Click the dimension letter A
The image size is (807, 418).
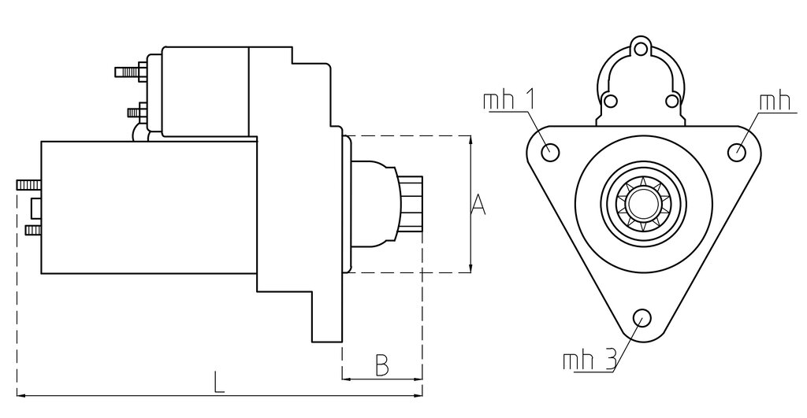[478, 205]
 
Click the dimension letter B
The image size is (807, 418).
[381, 365]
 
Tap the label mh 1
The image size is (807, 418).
[508, 100]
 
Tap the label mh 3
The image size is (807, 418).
[589, 361]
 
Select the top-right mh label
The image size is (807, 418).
[775, 102]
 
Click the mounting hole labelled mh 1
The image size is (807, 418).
[551, 152]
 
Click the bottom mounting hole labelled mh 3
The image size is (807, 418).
[642, 317]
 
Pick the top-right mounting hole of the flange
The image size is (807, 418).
[737, 152]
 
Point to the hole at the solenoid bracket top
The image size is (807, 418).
[640, 50]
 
